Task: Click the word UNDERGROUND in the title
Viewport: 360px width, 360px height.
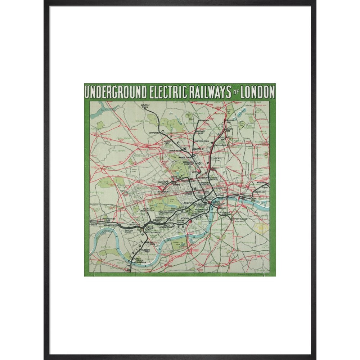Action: (x=116, y=93)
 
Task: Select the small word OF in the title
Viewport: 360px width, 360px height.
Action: (x=235, y=94)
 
